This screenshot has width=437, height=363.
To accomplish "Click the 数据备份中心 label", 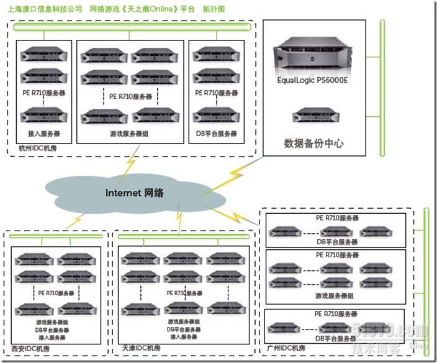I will click(x=314, y=144).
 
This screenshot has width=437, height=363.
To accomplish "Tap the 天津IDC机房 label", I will click(x=140, y=349).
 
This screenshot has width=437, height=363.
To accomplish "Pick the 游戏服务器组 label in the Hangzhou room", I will click(x=130, y=134).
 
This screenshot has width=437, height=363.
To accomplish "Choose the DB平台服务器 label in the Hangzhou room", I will click(x=216, y=134).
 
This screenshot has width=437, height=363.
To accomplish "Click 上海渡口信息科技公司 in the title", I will click(x=45, y=10).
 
